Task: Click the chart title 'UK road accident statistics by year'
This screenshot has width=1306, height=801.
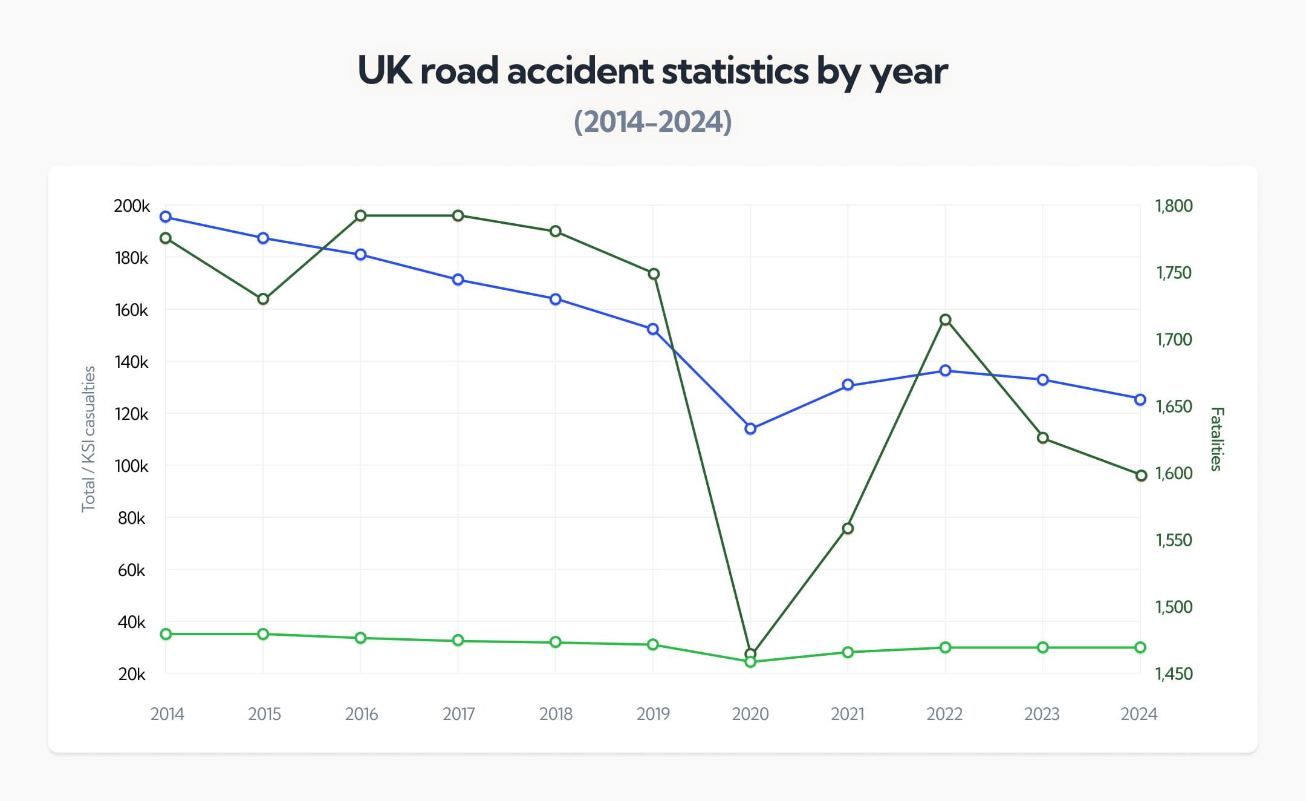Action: pyautogui.click(x=652, y=71)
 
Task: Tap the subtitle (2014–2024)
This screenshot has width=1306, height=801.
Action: pyautogui.click(x=652, y=122)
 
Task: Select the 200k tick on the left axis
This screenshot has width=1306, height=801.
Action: pyautogui.click(x=131, y=206)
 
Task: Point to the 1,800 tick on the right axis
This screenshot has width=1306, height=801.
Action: pyautogui.click(x=1174, y=206)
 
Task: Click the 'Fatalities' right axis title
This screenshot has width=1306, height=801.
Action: pyautogui.click(x=1217, y=439)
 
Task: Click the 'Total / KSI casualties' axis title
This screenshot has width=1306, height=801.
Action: pyautogui.click(x=89, y=439)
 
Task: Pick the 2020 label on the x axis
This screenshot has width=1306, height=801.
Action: pyautogui.click(x=750, y=714)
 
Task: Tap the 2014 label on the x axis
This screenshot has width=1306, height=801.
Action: pyautogui.click(x=167, y=714)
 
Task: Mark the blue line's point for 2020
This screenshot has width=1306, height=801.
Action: pyautogui.click(x=750, y=429)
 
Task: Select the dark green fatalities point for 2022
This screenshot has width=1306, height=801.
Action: pyautogui.click(x=946, y=320)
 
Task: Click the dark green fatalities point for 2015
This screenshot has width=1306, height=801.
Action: pyautogui.click(x=263, y=299)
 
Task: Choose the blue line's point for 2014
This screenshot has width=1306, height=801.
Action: pyautogui.click(x=166, y=217)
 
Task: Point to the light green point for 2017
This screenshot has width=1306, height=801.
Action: pyautogui.click(x=458, y=641)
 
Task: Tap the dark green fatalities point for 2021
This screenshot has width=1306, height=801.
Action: pyautogui.click(x=848, y=529)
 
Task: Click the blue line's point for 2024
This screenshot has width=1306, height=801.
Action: pyautogui.click(x=1140, y=400)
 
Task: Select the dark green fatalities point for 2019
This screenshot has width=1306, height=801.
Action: pyautogui.click(x=653, y=274)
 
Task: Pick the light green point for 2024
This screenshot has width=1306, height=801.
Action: pyautogui.click(x=1140, y=648)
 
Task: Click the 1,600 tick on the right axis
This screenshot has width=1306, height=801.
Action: pyautogui.click(x=1174, y=474)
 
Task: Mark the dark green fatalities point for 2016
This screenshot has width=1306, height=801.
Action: pyautogui.click(x=360, y=216)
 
